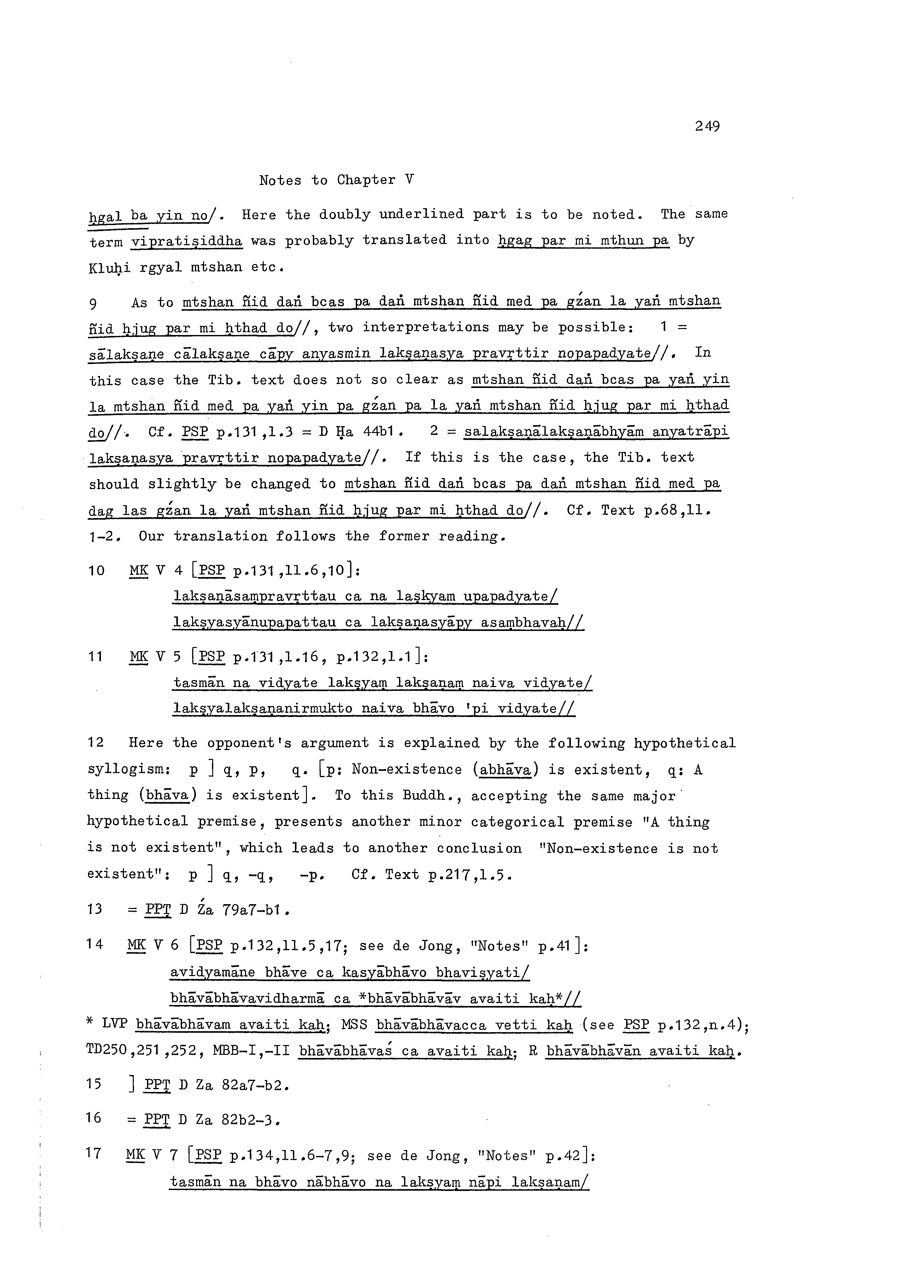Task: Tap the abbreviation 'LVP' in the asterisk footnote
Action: pyautogui.click(x=115, y=1024)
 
